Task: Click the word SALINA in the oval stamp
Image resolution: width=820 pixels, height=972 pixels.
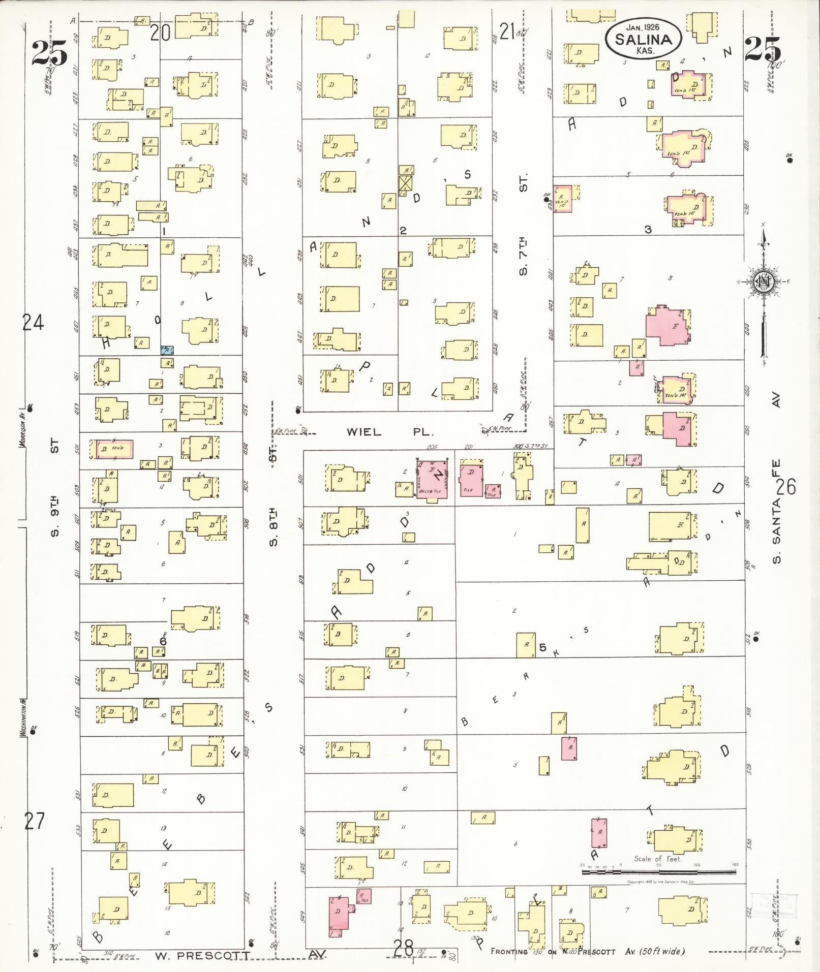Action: tap(643, 39)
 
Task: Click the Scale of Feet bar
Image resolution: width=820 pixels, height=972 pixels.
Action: tap(659, 872)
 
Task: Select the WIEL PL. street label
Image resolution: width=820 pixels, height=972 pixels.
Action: tap(390, 432)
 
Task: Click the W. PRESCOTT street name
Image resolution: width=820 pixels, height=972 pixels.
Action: tap(202, 956)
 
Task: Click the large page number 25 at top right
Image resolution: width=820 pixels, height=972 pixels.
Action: tap(762, 50)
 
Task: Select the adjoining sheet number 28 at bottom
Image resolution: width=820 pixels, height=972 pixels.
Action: tap(405, 948)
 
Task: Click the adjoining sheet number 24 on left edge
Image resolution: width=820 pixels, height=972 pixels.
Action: tap(34, 322)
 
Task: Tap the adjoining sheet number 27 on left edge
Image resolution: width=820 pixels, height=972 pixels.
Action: tap(34, 821)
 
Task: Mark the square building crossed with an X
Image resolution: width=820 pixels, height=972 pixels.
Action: tap(405, 183)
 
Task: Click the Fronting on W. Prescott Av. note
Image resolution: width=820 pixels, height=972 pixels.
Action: tap(587, 952)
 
